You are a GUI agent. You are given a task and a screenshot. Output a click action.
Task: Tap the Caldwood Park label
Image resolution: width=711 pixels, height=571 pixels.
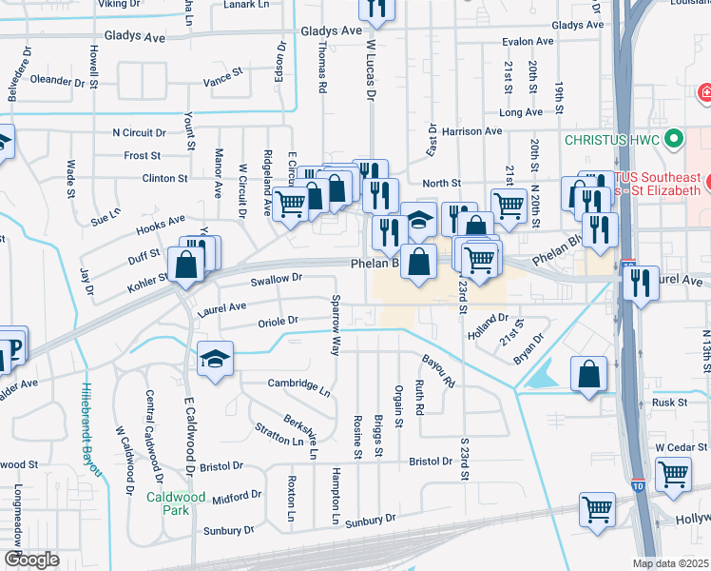coord(176,503)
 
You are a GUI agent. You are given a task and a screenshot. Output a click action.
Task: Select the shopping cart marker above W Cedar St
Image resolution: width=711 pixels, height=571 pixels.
coord(673,473)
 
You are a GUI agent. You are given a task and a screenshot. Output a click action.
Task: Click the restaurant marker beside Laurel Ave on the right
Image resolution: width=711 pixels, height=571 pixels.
coord(640,282)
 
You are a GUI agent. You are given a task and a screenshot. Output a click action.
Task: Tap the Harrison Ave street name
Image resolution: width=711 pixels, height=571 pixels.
coord(471,131)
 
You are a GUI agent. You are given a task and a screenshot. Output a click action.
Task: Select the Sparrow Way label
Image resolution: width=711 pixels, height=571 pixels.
coord(335,325)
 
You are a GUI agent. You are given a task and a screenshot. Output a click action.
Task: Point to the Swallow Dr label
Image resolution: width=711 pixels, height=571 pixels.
coord(276,279)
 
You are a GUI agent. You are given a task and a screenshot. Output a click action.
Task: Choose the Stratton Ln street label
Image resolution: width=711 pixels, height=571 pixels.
coord(279,434)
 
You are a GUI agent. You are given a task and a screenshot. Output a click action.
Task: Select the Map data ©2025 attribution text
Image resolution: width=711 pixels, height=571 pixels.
coord(671,563)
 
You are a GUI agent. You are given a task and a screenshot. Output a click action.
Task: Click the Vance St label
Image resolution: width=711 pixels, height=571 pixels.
coord(223,71)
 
